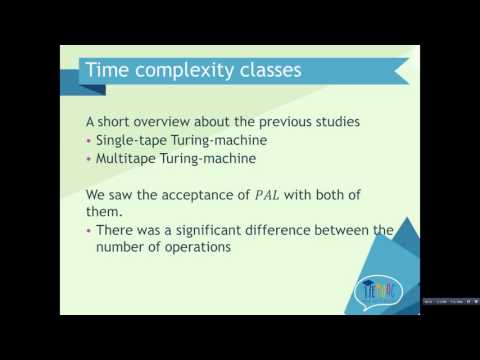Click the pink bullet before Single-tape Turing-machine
(x=89, y=141)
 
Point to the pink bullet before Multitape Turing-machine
(x=89, y=158)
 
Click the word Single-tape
(x=131, y=141)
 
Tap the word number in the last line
(x=122, y=250)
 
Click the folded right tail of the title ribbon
(x=397, y=72)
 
